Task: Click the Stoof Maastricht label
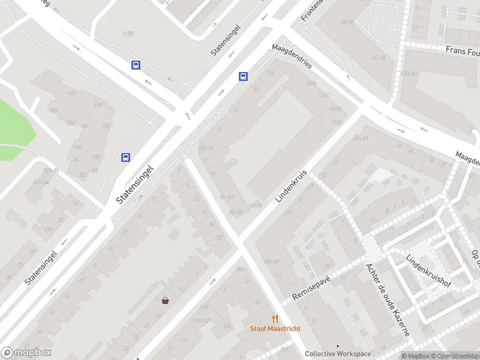tap(275, 329)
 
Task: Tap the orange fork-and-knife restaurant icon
tap(275, 319)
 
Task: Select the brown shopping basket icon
tap(165, 301)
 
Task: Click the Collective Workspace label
tap(338, 354)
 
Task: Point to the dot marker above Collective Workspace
tap(338, 346)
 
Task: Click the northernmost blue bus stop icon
tap(136, 65)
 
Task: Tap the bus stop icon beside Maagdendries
tap(243, 76)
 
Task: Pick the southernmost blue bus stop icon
tap(126, 157)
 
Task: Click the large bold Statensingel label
tap(136, 184)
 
